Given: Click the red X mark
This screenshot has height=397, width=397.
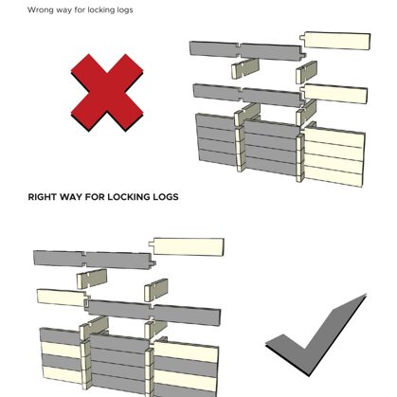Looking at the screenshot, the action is [x=107, y=93].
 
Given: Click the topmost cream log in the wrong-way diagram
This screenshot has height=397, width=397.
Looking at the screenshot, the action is [x=335, y=41].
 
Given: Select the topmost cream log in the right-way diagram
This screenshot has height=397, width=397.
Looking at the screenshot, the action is [x=187, y=246].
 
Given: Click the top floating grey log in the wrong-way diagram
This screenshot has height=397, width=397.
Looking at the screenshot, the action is [x=247, y=50].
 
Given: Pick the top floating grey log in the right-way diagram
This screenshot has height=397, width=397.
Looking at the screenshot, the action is [x=94, y=260].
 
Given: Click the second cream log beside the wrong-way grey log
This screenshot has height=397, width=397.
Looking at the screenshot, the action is [x=334, y=94].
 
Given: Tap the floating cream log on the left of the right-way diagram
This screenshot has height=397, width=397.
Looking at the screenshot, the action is [x=62, y=298].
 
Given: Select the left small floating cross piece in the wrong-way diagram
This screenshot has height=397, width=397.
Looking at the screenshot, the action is [x=245, y=68].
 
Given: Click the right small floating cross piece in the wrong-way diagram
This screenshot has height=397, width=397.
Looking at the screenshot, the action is [x=306, y=73].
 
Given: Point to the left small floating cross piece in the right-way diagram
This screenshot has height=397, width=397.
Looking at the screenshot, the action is [x=92, y=279].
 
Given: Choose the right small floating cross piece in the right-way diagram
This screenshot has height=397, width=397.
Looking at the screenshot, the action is [x=156, y=289].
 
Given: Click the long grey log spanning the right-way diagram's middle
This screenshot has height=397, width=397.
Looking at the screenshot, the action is [x=153, y=312].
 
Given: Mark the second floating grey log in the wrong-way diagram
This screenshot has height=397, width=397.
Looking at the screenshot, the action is [x=249, y=95].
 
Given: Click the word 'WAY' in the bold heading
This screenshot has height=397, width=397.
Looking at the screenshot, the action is [x=71, y=197].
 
